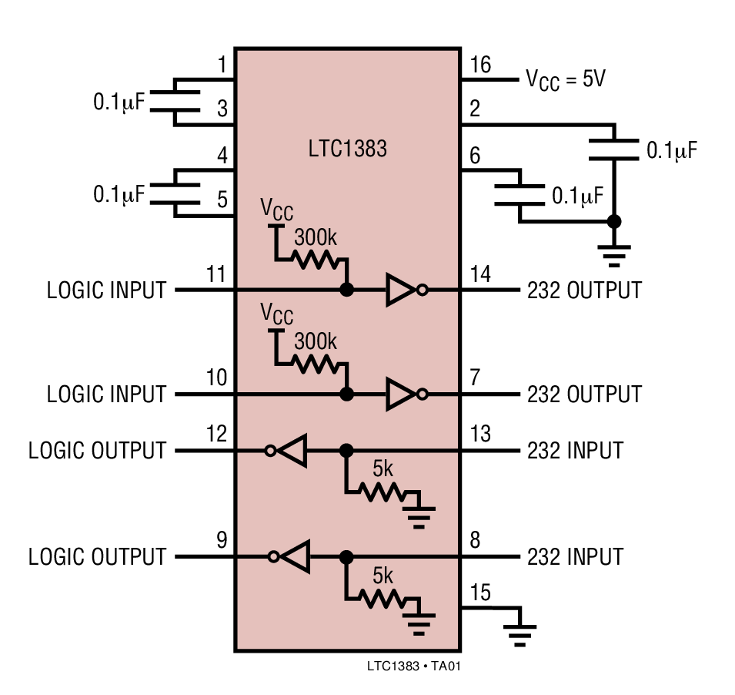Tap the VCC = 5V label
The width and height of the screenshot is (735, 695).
[x=566, y=79]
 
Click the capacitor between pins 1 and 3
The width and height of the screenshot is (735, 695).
[x=175, y=102]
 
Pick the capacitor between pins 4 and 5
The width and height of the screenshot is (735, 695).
[x=175, y=193]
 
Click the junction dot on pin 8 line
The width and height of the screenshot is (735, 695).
[x=346, y=556]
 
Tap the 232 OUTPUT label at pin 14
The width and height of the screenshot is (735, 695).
[x=584, y=290]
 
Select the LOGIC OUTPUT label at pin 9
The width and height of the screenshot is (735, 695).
[x=97, y=556]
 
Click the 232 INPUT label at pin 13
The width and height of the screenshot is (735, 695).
[x=575, y=451]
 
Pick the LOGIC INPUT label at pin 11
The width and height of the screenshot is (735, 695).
[x=106, y=290]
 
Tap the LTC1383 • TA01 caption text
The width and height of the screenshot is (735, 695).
[x=414, y=664]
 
